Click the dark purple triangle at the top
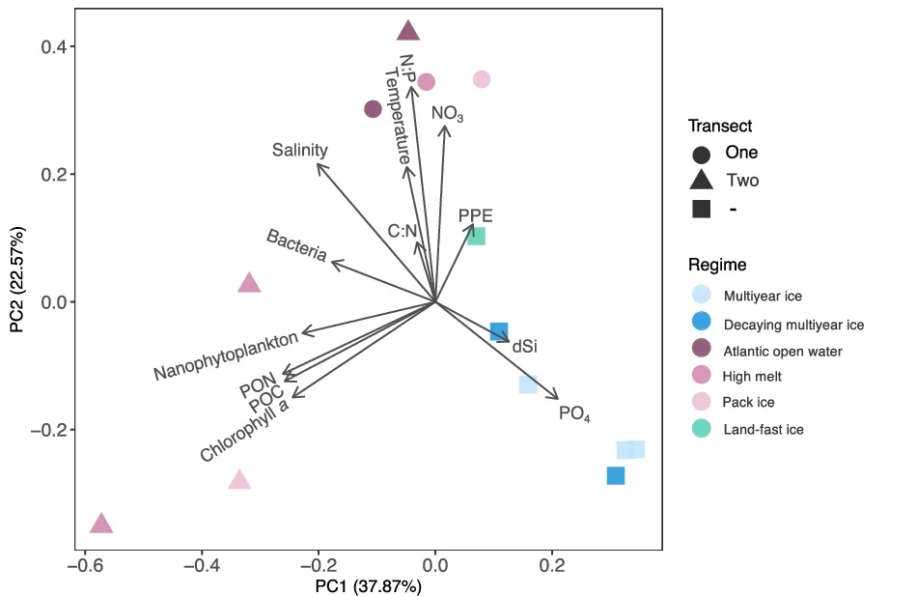[409, 31]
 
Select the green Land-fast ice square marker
[476, 236]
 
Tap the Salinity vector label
[299, 151]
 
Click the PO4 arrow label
[574, 413]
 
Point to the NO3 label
[447, 114]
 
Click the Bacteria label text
[296, 246]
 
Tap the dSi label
[524, 345]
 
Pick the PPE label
[476, 215]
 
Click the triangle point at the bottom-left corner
[101, 524]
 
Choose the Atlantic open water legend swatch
[702, 351]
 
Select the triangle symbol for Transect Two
[702, 180]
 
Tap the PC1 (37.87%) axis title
[369, 585]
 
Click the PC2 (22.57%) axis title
[17, 280]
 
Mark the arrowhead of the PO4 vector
[557, 398]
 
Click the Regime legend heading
[716, 265]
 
